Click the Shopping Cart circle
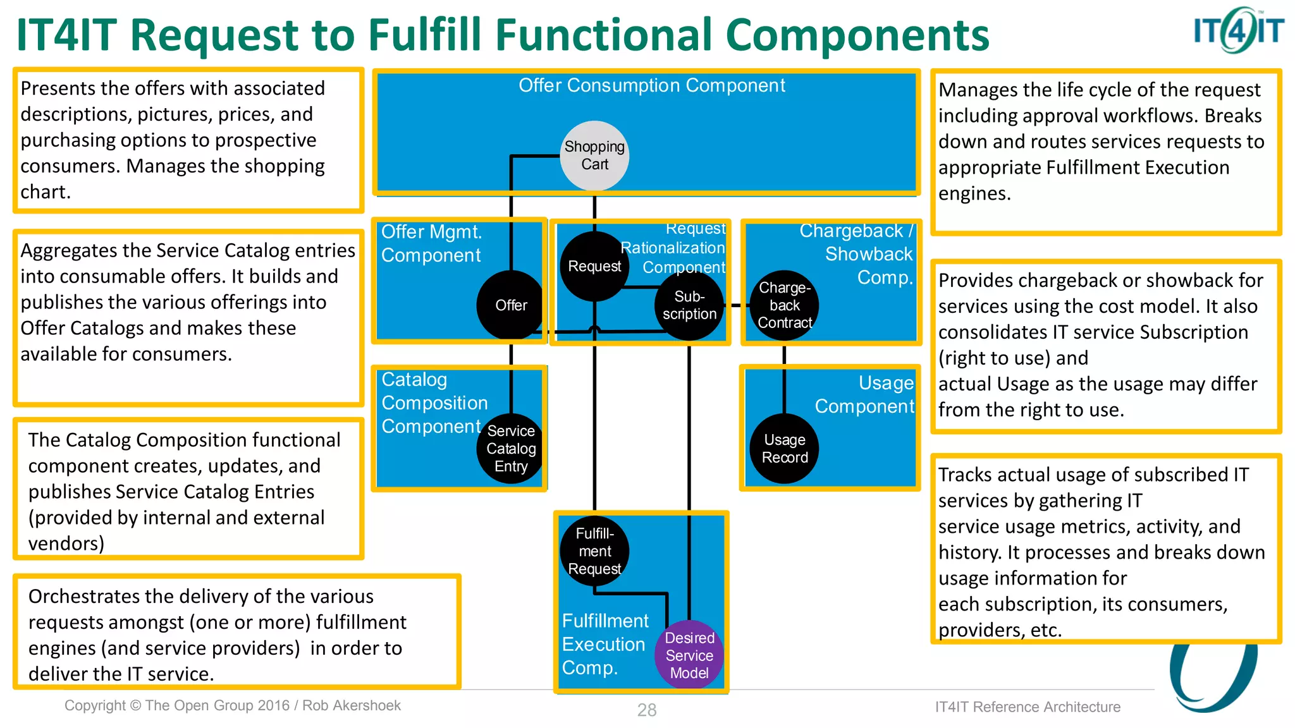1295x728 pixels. click(594, 155)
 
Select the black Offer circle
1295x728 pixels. click(511, 305)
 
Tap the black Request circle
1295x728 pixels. click(594, 266)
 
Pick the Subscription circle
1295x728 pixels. click(689, 305)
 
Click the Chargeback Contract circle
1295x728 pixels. click(785, 305)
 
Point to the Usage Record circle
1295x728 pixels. click(785, 449)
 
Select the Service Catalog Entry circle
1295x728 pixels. click(511, 449)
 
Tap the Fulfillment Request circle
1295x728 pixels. click(594, 551)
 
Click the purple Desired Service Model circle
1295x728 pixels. click(689, 655)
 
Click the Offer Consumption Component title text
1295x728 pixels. click(651, 85)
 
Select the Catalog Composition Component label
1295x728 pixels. click(434, 403)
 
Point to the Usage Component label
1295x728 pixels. click(864, 394)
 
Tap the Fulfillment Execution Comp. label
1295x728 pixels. click(605, 644)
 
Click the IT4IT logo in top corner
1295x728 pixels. click(1238, 30)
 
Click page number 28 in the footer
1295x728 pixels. click(646, 710)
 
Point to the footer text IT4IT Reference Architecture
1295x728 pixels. click(1028, 707)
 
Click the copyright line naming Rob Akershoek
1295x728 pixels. click(233, 706)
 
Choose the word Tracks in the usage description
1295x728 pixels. click(967, 475)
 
